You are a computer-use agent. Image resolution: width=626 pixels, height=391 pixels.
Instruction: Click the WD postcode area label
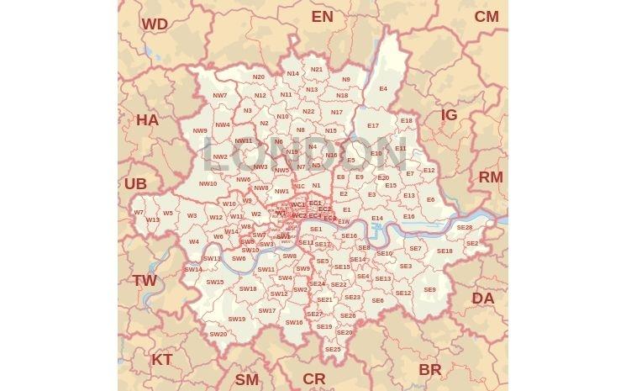point(155,24)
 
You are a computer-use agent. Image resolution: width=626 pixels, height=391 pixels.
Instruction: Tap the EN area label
point(322,17)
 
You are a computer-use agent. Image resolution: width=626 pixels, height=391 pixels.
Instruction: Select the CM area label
point(487,17)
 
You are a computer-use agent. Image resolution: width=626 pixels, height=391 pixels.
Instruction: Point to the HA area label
point(147,120)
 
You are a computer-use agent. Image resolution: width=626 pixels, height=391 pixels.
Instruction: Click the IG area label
point(450,115)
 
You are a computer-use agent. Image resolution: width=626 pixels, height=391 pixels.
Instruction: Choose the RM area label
point(491,177)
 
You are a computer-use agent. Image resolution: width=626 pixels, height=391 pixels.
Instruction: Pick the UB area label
point(135,184)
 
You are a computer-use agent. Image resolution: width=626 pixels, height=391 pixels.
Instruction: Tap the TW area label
point(145,281)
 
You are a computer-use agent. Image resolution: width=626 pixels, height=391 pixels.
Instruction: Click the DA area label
point(483,299)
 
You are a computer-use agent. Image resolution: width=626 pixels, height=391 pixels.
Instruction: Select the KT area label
point(162,360)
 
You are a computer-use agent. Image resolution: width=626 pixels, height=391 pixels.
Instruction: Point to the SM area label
point(247,380)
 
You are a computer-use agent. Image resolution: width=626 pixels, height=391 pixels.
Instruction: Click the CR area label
point(314,379)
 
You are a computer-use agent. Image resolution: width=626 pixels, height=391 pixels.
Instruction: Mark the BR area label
point(430,370)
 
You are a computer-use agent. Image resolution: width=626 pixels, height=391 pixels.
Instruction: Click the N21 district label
point(317,70)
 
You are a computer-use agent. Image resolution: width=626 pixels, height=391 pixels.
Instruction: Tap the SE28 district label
point(465,228)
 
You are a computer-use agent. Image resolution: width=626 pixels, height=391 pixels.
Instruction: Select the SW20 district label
point(218,335)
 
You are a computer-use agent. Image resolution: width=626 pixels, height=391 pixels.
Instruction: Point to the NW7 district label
point(220,96)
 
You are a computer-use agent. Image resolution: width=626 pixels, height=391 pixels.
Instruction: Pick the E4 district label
point(383,89)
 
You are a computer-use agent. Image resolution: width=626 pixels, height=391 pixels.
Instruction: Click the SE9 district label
point(430,290)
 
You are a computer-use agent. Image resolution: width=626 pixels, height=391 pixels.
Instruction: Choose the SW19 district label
point(237,320)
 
